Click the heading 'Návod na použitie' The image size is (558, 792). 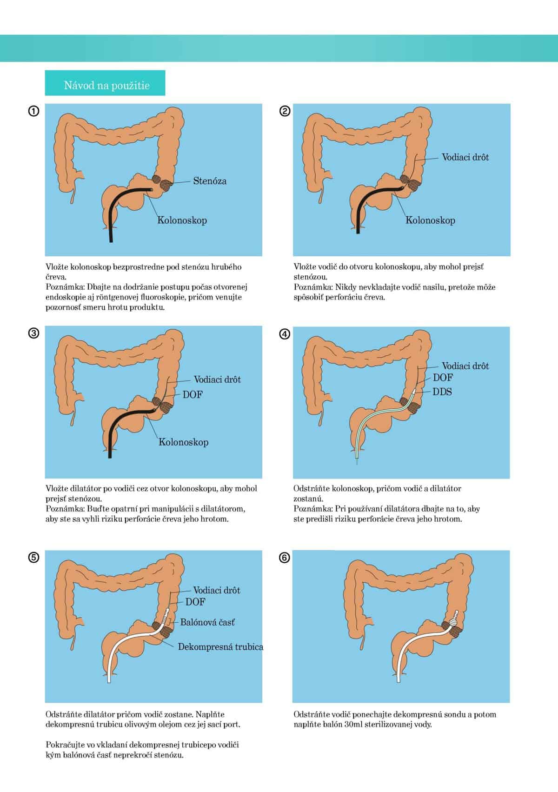106,85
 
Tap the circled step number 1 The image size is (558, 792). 33,111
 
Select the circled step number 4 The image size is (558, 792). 285,334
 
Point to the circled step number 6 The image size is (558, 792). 285,558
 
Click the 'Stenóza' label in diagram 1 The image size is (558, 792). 210,181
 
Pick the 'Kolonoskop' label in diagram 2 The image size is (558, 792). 430,220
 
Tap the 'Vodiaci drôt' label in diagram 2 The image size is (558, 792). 465,157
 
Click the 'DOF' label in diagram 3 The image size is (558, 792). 193,394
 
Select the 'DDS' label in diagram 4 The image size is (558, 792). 442,392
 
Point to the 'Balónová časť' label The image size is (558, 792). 207,622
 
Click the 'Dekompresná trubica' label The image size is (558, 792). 220,647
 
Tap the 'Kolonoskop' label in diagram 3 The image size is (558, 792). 183,442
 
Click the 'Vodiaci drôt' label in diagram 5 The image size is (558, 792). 217,590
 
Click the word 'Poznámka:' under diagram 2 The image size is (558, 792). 313,287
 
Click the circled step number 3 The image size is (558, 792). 33,333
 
